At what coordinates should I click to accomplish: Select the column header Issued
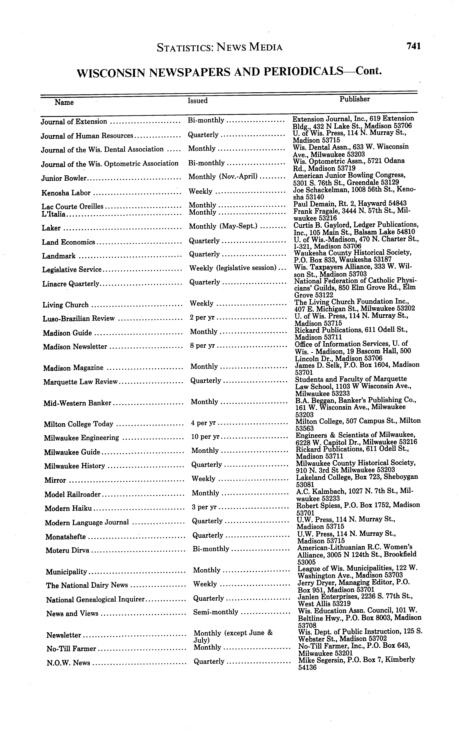[x=198, y=101]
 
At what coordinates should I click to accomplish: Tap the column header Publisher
[x=355, y=99]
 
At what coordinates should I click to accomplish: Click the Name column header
[x=64, y=102]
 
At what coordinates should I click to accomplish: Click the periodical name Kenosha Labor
[x=66, y=193]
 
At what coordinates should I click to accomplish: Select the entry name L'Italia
[x=53, y=214]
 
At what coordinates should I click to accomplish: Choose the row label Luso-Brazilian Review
[x=79, y=319]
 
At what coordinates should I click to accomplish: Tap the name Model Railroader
[x=72, y=494]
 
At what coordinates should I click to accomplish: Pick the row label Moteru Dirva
[x=67, y=550]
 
